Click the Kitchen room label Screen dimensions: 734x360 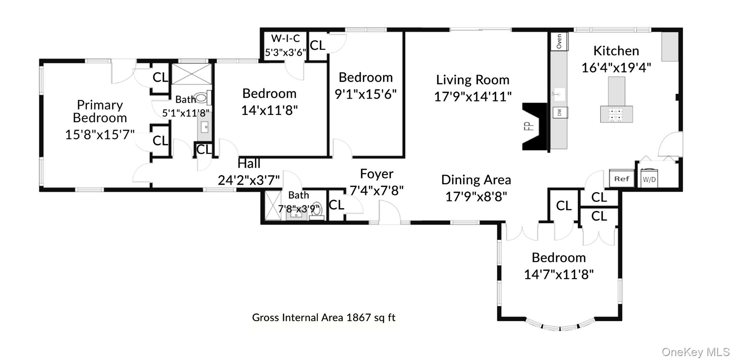(616, 51)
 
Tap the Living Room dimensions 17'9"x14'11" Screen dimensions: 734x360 (473, 96)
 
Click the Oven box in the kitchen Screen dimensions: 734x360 (559, 42)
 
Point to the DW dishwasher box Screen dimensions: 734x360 (560, 112)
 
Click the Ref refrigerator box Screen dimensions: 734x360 (622, 178)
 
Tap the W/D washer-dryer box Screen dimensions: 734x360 (649, 178)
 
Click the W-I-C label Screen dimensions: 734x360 (286, 38)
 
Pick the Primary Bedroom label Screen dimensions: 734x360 (100, 111)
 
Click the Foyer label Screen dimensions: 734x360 (377, 174)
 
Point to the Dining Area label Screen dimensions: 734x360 (476, 180)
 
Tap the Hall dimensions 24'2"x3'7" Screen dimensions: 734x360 (249, 180)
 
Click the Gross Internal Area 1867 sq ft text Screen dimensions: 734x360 (324, 317)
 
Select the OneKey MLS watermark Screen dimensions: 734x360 (696, 352)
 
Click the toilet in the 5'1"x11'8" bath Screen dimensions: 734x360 (203, 97)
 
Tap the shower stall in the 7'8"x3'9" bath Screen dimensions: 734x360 (273, 205)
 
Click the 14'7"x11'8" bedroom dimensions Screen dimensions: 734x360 (559, 274)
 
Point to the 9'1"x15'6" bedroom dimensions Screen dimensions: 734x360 (366, 94)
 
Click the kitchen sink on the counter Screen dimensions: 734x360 (558, 95)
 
